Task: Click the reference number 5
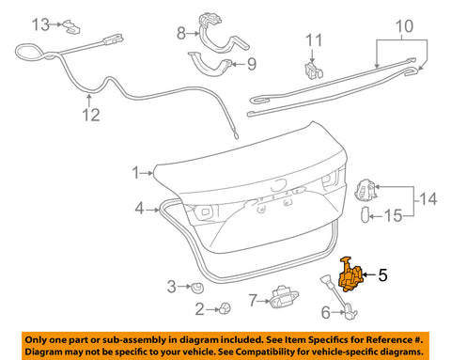click(382, 276)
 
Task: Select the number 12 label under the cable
click(89, 116)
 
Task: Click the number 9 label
click(251, 65)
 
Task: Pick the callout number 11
click(315, 40)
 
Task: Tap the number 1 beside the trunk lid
click(136, 172)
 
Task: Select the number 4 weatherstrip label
click(139, 208)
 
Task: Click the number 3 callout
click(171, 286)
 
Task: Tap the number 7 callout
click(252, 301)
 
